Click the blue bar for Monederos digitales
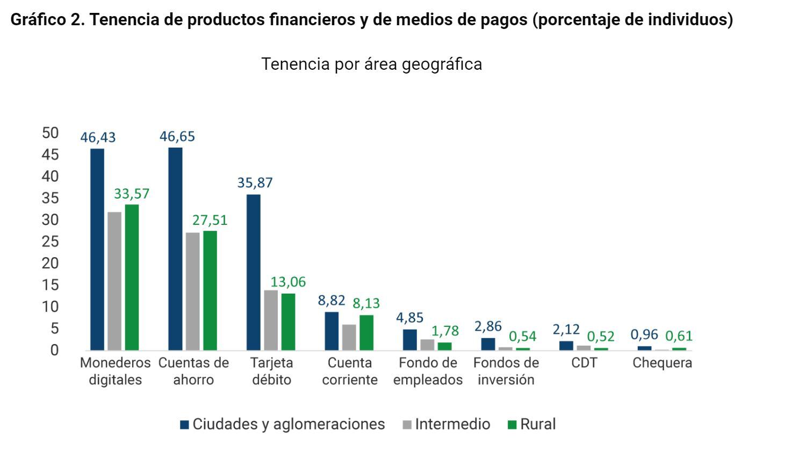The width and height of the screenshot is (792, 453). [97, 250]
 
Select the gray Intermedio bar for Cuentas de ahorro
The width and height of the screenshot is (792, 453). [192, 291]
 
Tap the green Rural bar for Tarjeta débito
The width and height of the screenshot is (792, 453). [289, 322]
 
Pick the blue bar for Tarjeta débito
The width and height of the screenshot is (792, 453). [254, 272]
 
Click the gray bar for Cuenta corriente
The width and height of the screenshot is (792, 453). [349, 337]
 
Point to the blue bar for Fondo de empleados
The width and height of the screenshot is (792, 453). [410, 340]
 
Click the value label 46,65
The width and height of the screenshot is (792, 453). [177, 136]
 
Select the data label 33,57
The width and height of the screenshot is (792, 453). [132, 194]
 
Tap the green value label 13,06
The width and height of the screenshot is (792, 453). [288, 282]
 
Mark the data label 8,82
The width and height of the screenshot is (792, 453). [332, 300]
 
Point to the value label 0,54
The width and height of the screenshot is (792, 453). [523, 337]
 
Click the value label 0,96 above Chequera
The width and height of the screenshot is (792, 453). [644, 335]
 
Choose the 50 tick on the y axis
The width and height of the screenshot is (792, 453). [51, 133]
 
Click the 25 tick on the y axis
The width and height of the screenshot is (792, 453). [51, 242]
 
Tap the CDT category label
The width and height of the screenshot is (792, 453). [584, 363]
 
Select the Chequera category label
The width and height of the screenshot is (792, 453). [662, 363]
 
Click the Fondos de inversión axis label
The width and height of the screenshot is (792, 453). [506, 371]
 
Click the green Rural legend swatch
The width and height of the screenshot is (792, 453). [512, 425]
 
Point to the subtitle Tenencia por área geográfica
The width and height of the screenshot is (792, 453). [371, 64]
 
